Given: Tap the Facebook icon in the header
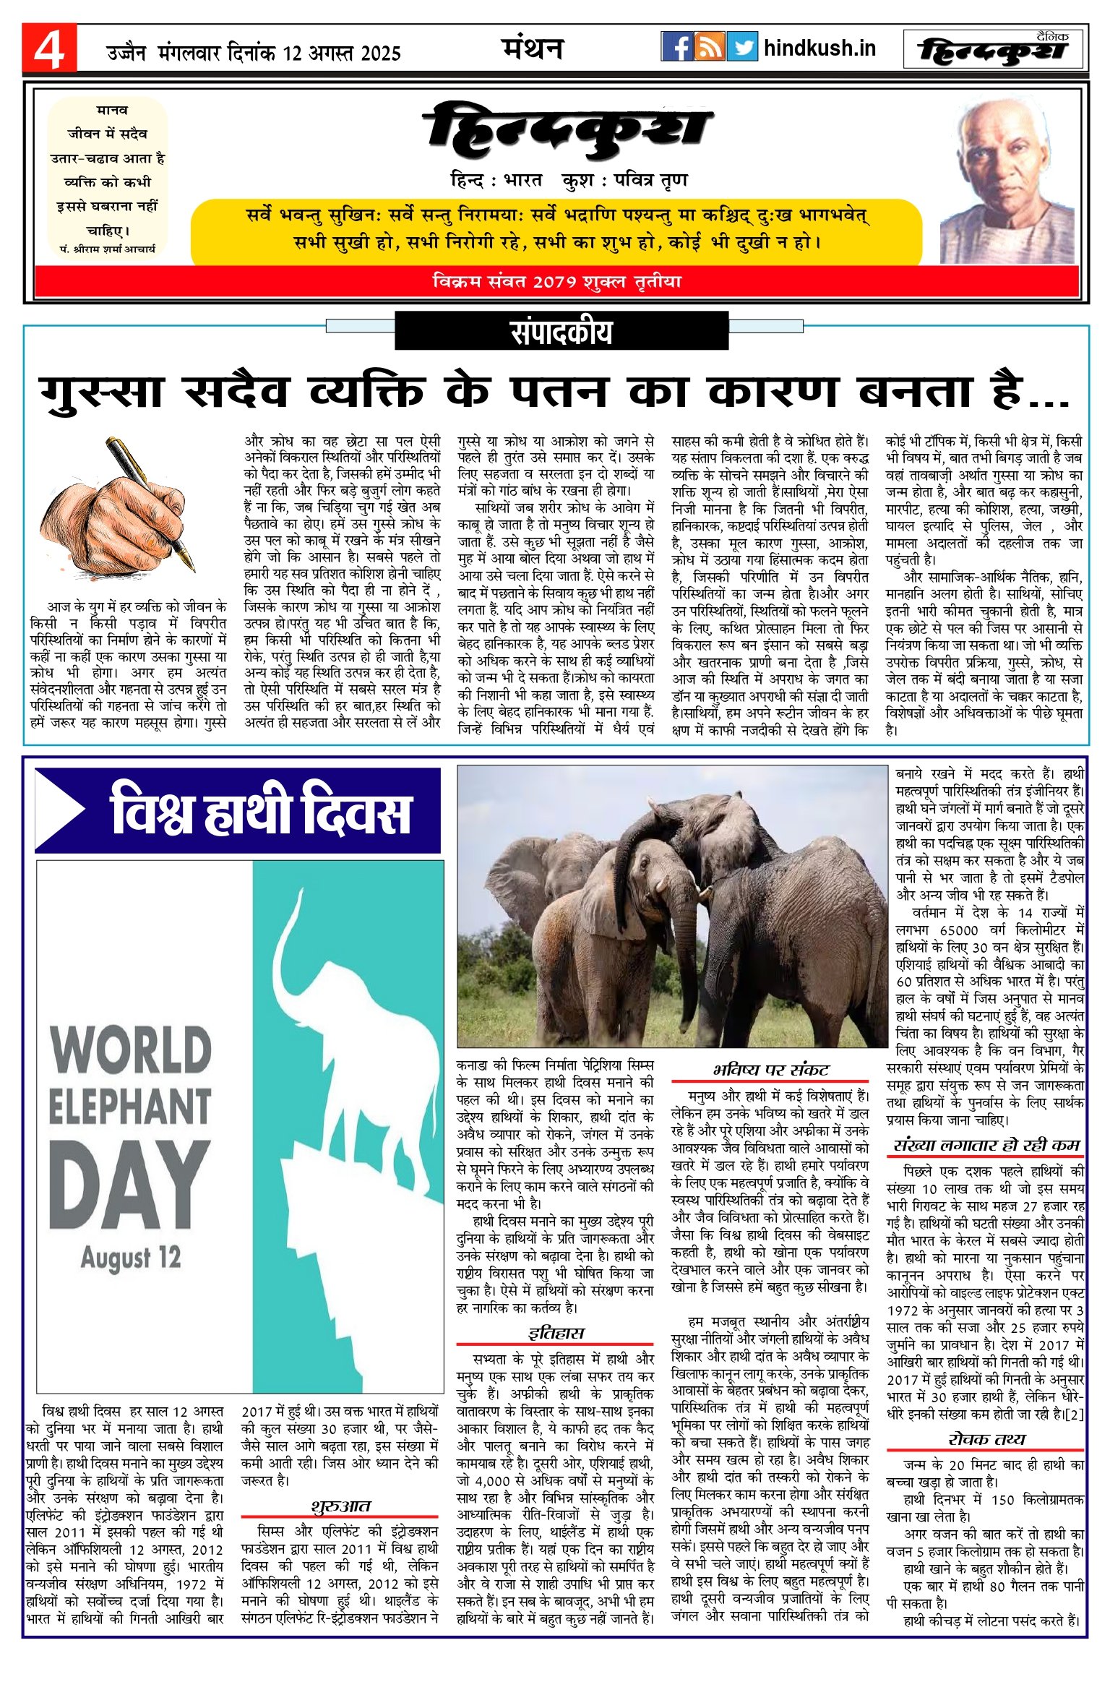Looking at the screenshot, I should pos(676,47).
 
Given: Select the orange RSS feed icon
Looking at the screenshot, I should pos(709,47).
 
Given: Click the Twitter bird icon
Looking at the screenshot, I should pos(742,47).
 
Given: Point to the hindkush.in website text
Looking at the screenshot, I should pos(819,48).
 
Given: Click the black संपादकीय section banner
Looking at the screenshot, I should pos(562,332).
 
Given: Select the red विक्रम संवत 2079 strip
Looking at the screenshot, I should pos(556,281).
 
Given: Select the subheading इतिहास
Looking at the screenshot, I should pos(556,1333).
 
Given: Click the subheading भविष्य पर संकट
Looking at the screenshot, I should pos(770,1070).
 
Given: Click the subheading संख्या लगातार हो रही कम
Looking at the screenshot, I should pos(986,1145).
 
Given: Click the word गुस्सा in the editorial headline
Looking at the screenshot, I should pos(101,392).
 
